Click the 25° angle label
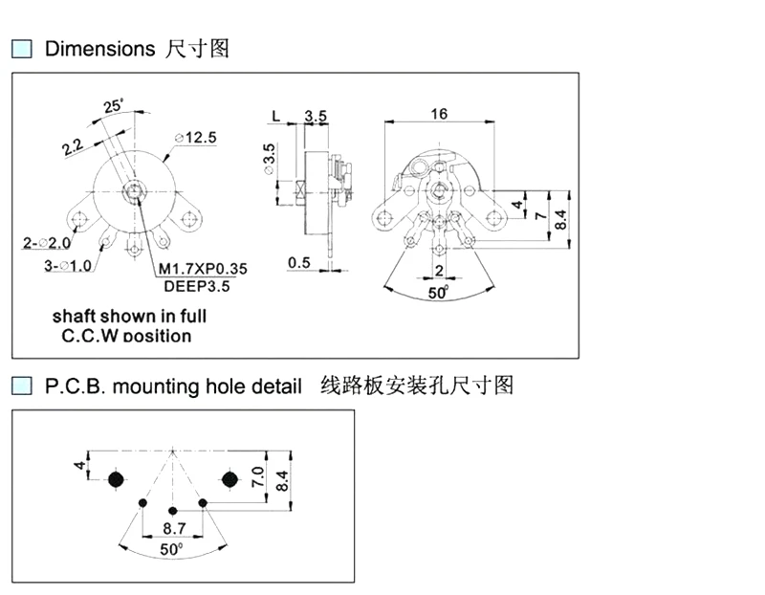coord(114,106)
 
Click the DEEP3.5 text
coord(196,285)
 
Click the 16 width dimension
coord(439,114)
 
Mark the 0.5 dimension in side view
coord(298,262)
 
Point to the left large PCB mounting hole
coord(117,478)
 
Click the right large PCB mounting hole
coord(229,478)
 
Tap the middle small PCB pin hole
coord(172,510)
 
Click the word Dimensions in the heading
coord(99,49)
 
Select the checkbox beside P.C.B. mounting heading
coord(21,386)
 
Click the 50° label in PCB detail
coord(171,550)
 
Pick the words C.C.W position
coord(126,336)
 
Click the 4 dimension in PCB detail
coord(80,466)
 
